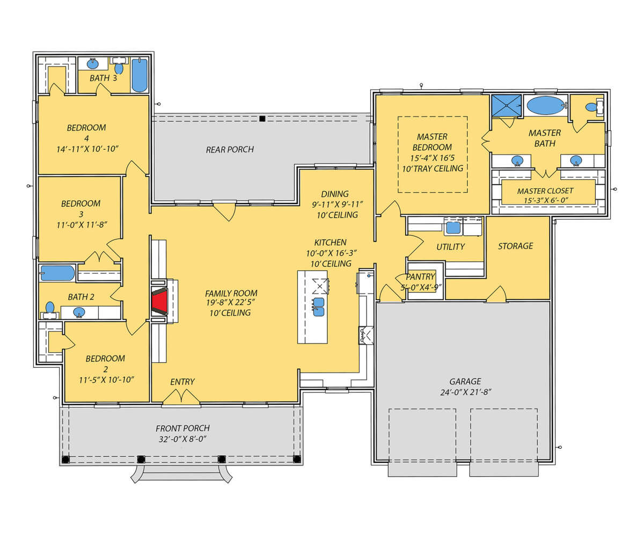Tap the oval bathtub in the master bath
pos(545,106)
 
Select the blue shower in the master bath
pos(506,106)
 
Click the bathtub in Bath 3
pos(140,75)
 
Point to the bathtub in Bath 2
pos(57,273)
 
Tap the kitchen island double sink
pos(319,307)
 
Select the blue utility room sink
pos(453,228)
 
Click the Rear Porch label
pos(230,150)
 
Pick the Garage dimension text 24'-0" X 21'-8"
pos(465,392)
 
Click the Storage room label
pos(515,246)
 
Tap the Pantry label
pos(420,276)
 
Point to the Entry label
pos(182,382)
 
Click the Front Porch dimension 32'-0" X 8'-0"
pos(182,439)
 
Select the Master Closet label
pos(545,191)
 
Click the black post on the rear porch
pos(262,118)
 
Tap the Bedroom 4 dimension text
pos(87,149)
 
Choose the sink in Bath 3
pos(92,64)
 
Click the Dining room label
pos(335,194)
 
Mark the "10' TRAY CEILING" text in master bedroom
pos(433,169)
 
